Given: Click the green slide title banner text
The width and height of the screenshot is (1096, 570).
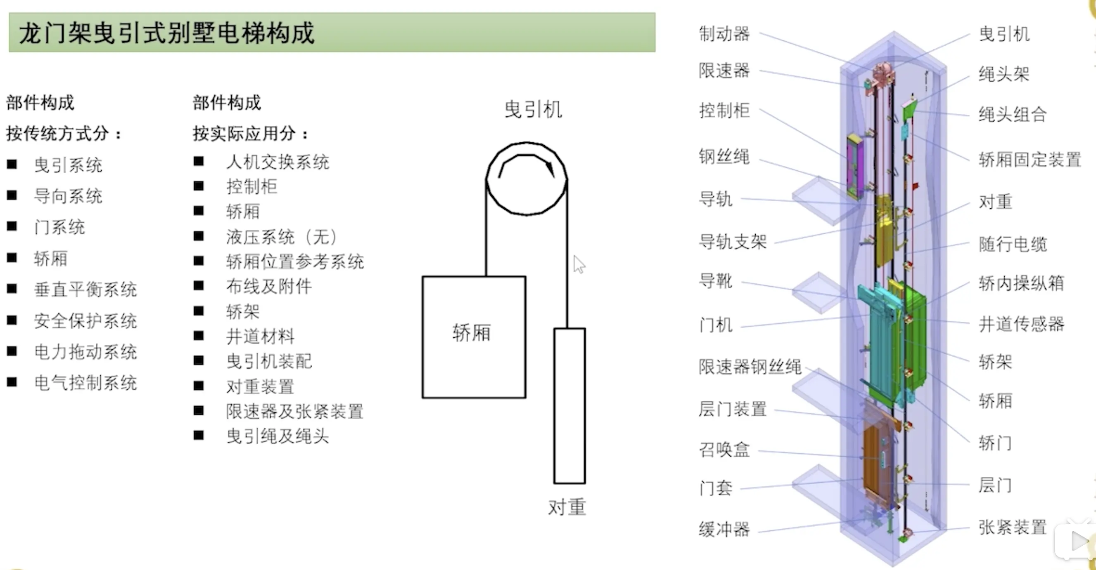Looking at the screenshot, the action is coord(167,33).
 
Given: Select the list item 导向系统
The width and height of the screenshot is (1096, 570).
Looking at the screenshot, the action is coord(68,196).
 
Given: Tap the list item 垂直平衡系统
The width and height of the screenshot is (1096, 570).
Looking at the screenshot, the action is coord(85,290).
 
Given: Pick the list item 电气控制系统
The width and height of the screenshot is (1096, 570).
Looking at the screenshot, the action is coord(85,383).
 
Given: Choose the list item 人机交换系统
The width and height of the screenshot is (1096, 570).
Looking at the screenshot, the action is coord(278,162).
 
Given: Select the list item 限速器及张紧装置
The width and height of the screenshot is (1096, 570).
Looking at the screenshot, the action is coord(294,411).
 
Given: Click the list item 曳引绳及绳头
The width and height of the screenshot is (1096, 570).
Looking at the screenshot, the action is coord(278,436).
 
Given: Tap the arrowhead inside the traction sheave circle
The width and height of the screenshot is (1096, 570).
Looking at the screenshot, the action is coord(550,169).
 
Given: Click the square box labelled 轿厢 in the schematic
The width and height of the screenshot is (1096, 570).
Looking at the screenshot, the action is coord(474,337).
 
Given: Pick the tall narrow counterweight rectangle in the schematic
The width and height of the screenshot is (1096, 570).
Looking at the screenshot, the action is coord(569,405).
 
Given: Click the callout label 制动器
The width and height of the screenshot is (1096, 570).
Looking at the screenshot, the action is coord(724,34).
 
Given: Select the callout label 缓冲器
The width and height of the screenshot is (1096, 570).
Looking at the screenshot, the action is coord(724,529).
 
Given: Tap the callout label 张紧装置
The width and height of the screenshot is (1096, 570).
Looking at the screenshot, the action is coord(1012,527).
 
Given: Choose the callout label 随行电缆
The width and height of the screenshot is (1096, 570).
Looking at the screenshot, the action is coord(1012,244).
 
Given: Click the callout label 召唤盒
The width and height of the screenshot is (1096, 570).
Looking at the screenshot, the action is coord(724,449).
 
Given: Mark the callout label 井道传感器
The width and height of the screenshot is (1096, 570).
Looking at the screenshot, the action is coord(1021,324).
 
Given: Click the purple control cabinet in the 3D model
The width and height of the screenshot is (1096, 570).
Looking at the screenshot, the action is coord(854,167).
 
